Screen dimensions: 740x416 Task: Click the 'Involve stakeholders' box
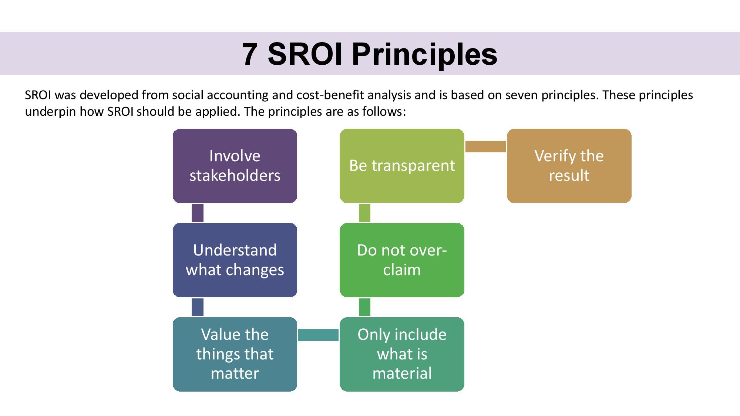(235, 166)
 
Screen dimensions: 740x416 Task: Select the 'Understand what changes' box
(235, 260)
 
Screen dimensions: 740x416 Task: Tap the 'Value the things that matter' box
(235, 354)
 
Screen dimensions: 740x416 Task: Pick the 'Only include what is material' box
(402, 354)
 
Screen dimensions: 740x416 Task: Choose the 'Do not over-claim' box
(402, 260)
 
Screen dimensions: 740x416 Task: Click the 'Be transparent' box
(402, 166)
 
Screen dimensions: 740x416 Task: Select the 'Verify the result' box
(569, 166)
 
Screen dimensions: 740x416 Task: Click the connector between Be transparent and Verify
(485, 146)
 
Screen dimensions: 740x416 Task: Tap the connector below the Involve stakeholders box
(198, 213)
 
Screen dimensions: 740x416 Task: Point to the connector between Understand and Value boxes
(198, 307)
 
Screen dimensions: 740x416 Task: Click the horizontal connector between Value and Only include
(319, 335)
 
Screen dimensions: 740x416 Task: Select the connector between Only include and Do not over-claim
(364, 307)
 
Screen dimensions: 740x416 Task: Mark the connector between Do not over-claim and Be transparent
(364, 213)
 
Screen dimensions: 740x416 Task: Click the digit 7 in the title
(250, 54)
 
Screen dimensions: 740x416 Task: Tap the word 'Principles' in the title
(425, 55)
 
